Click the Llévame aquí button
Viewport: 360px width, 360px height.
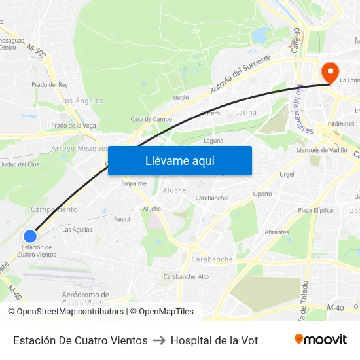[180, 161]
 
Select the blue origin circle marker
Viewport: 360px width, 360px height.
[29, 236]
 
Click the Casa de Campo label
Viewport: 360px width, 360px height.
[151, 119]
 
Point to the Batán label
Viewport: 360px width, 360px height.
[181, 98]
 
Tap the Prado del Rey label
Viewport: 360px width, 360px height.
[50, 84]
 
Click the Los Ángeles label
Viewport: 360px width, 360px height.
[82, 101]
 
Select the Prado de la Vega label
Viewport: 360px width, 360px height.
[74, 125]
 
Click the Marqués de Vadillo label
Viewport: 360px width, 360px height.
[322, 150]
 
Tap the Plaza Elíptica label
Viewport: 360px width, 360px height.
[315, 210]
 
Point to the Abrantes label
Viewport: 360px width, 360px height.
[277, 232]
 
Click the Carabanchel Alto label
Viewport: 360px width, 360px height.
[186, 276]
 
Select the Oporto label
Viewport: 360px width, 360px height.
[262, 194]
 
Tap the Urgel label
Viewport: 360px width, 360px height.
[287, 174]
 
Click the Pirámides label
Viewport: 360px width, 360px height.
[341, 123]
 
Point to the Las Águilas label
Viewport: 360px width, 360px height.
[77, 230]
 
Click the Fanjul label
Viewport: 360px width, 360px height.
[122, 219]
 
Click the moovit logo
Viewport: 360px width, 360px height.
[320, 340]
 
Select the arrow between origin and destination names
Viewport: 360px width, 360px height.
[159, 340]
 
